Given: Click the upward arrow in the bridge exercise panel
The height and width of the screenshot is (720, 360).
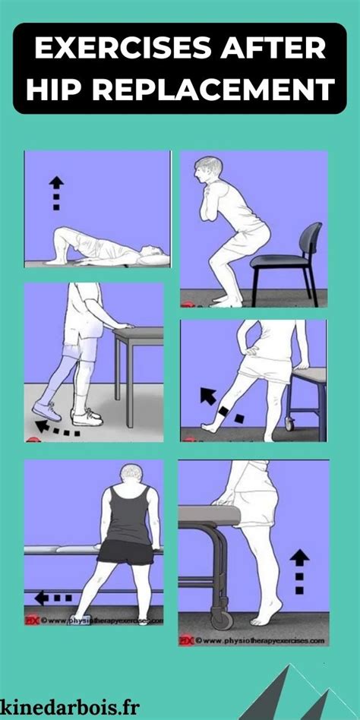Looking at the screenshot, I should (55, 190).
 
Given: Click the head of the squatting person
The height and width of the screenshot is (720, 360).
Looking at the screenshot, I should (206, 172).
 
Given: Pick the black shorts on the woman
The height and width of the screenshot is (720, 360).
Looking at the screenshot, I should (125, 551).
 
